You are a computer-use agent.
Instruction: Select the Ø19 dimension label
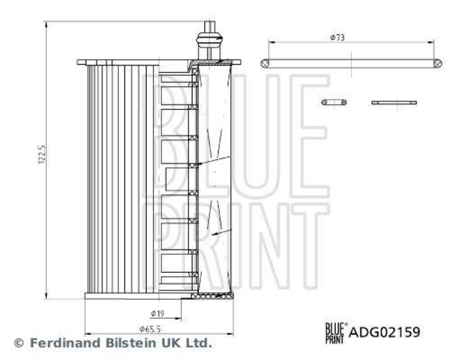click(x=157, y=313)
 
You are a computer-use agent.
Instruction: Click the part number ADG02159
click(x=384, y=332)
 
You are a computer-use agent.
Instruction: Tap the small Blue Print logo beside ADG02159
click(x=336, y=332)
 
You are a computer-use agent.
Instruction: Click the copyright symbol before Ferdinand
click(x=19, y=343)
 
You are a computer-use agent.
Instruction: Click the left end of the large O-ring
click(x=265, y=63)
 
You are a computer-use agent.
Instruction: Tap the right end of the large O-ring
click(x=437, y=63)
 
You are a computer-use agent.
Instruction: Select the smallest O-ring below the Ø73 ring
click(x=334, y=102)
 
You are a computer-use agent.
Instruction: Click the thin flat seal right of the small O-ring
click(x=394, y=102)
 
